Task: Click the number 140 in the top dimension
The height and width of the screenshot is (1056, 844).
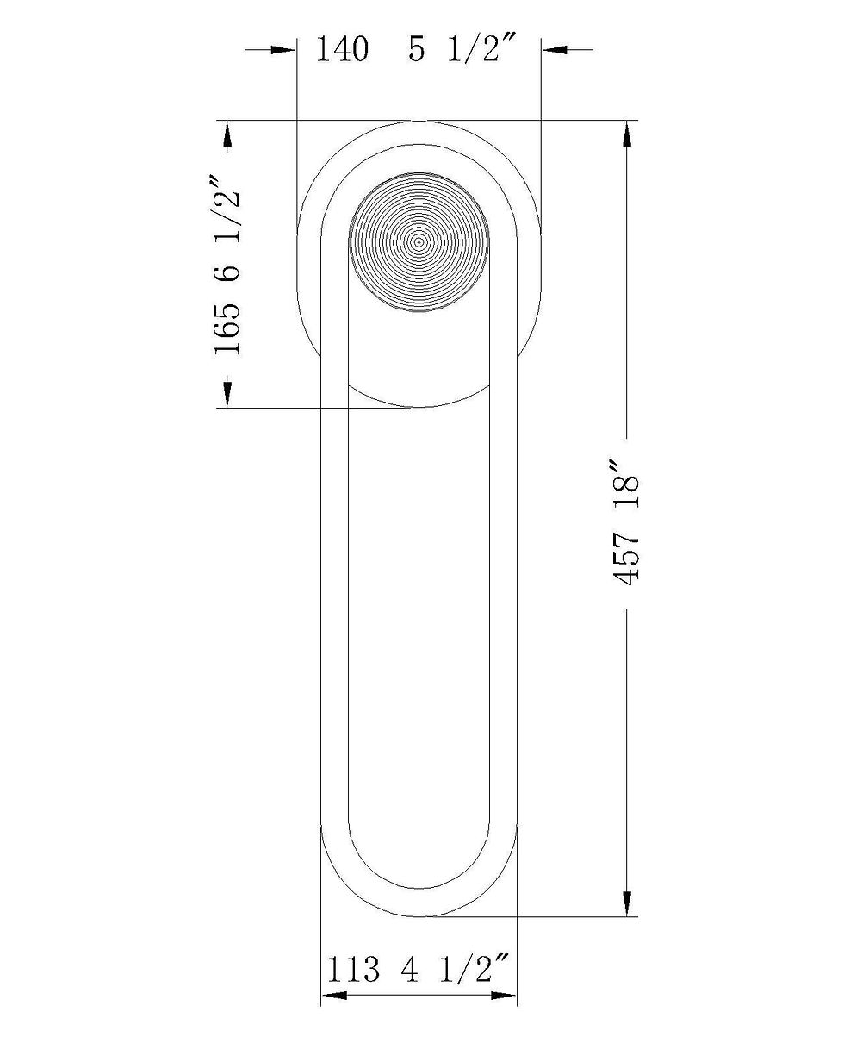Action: click(342, 50)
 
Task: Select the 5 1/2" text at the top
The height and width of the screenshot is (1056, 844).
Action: click(462, 50)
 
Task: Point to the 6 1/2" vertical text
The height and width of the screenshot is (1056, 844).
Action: click(228, 229)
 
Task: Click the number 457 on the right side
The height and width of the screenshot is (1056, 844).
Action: click(627, 559)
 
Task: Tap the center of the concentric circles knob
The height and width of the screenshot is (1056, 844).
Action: click(419, 242)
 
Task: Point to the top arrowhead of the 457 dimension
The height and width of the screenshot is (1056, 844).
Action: click(626, 134)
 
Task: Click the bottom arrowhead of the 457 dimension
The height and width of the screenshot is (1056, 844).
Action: click(626, 903)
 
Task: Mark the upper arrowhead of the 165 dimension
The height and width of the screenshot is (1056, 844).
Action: click(227, 134)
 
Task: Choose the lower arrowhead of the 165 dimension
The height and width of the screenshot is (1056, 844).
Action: click(227, 394)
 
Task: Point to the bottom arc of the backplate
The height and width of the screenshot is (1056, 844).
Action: click(419, 406)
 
